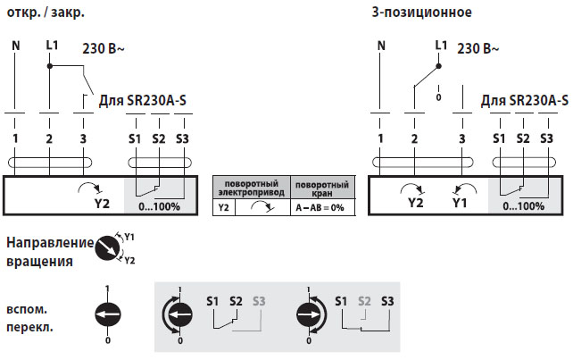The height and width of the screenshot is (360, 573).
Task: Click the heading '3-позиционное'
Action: (x=421, y=13)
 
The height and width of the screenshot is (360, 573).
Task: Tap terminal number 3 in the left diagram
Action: (x=83, y=138)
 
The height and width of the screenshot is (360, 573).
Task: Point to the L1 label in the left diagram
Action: (x=52, y=45)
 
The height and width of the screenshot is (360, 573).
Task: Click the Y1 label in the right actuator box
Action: (x=459, y=204)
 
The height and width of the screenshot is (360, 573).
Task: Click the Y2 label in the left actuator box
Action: (x=102, y=204)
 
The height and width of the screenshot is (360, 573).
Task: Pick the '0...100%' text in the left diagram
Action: (x=161, y=205)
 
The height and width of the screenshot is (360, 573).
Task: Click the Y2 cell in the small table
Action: (x=224, y=206)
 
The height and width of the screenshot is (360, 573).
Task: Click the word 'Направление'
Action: (x=48, y=243)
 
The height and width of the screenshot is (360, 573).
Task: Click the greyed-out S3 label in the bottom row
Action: (x=260, y=301)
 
